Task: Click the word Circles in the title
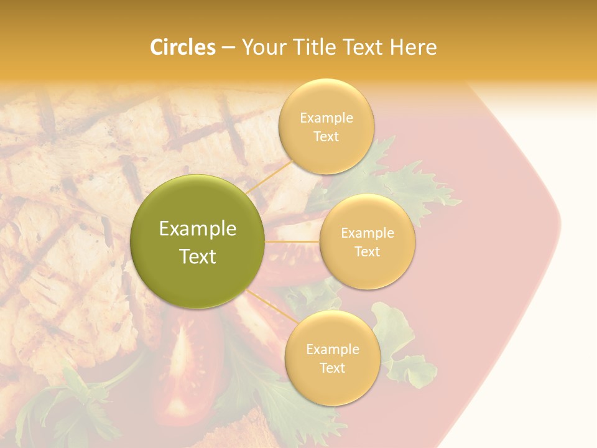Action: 183,47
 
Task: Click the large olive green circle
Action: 198,241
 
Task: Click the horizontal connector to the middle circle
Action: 292,241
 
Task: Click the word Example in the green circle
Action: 198,229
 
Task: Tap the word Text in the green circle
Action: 198,256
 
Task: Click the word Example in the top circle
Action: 326,118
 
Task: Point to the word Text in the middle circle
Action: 367,251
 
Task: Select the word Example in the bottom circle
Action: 332,349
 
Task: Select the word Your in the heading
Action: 260,47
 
